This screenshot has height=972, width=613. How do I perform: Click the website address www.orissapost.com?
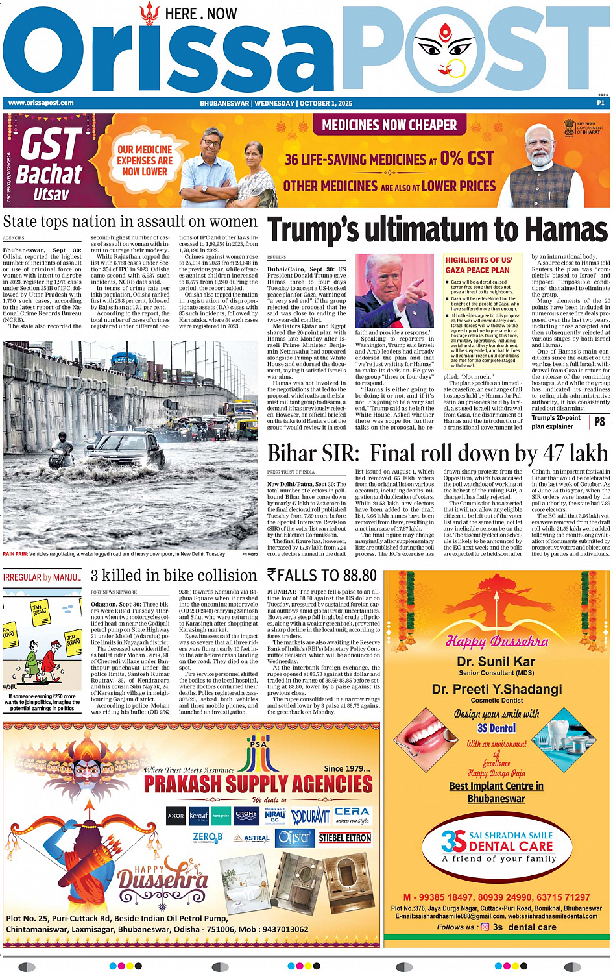[x=41, y=103]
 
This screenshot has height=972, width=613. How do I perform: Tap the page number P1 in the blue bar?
[x=601, y=103]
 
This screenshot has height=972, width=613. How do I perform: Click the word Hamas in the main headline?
[x=566, y=230]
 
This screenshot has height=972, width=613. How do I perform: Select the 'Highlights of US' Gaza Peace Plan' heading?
[x=479, y=265]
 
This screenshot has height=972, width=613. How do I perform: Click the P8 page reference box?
[x=599, y=422]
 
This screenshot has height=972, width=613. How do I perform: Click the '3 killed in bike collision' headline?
[x=174, y=576]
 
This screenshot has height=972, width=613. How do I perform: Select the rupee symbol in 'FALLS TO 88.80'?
[x=272, y=576]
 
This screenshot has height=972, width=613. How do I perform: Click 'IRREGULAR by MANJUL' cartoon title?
[x=42, y=577]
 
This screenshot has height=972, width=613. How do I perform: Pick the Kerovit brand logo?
[x=198, y=816]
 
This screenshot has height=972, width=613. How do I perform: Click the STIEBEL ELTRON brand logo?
[x=345, y=838]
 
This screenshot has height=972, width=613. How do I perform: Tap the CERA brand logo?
[x=352, y=812]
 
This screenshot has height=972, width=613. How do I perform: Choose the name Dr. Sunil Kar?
[x=496, y=662]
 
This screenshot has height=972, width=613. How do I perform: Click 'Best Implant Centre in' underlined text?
[x=496, y=786]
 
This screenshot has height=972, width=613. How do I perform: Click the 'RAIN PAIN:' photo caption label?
[x=16, y=554]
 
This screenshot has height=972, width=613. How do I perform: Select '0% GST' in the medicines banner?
[x=467, y=158]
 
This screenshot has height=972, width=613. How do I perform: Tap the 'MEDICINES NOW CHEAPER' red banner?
[x=389, y=125]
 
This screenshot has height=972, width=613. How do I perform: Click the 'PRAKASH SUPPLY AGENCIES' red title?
[x=258, y=784]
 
